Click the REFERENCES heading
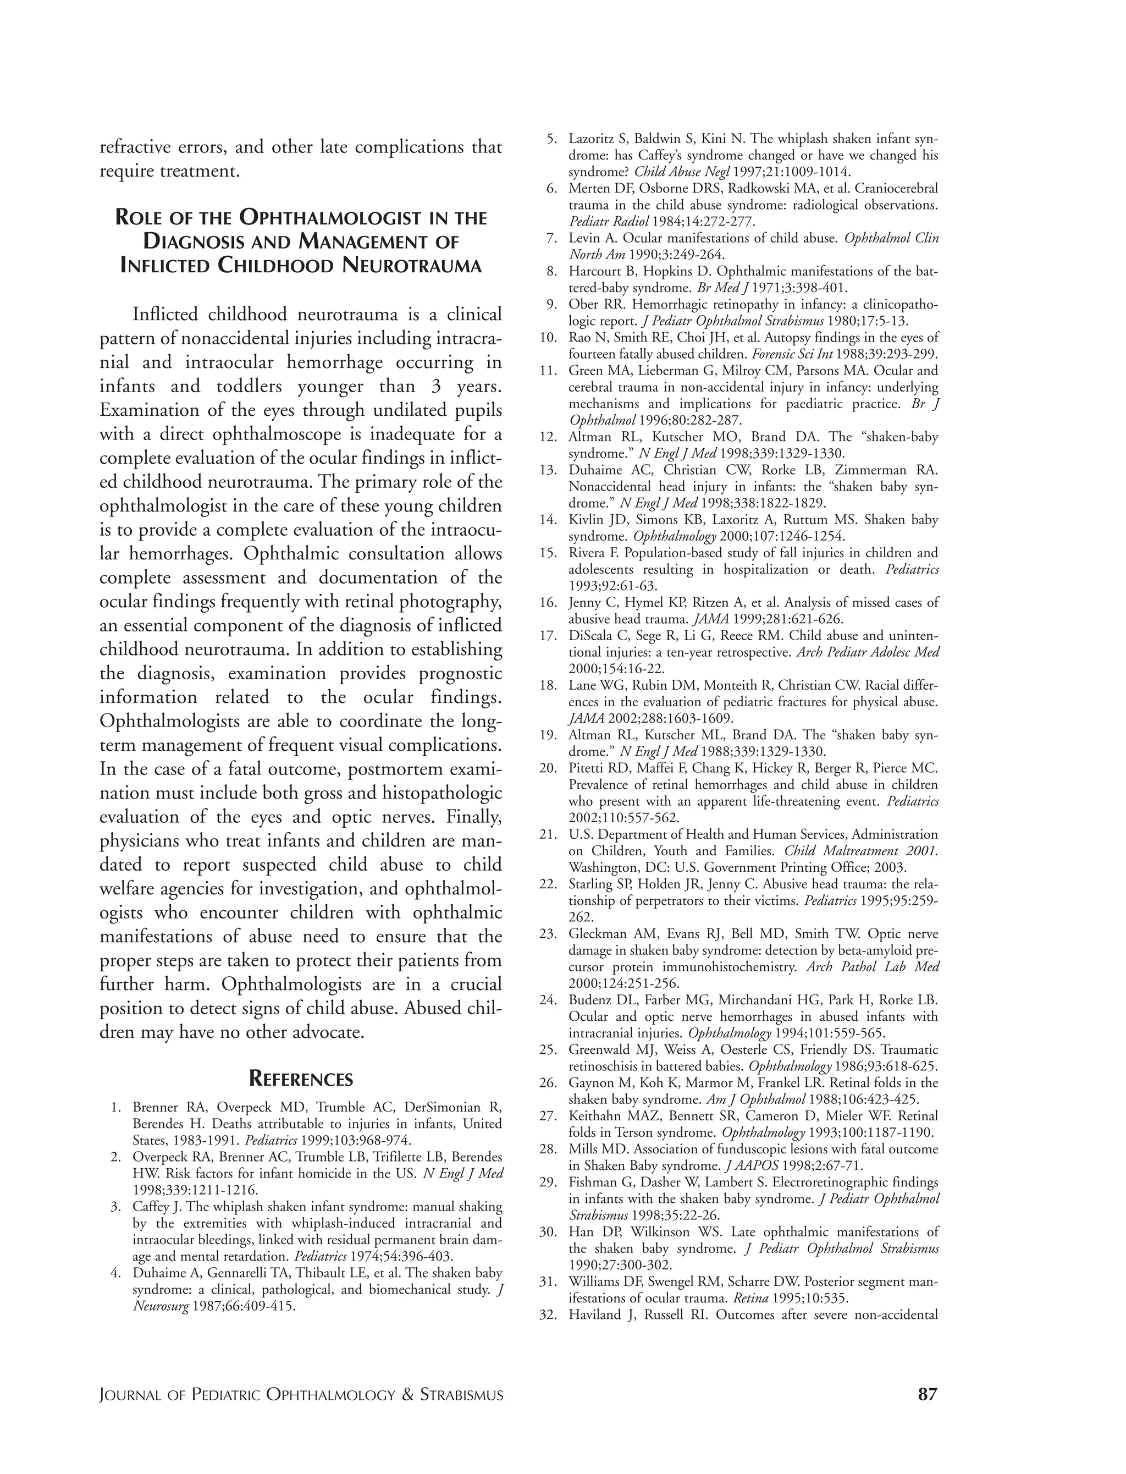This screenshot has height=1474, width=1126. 300,1079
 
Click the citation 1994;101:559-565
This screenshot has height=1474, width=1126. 829,1033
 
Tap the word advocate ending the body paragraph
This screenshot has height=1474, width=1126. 327,1032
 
